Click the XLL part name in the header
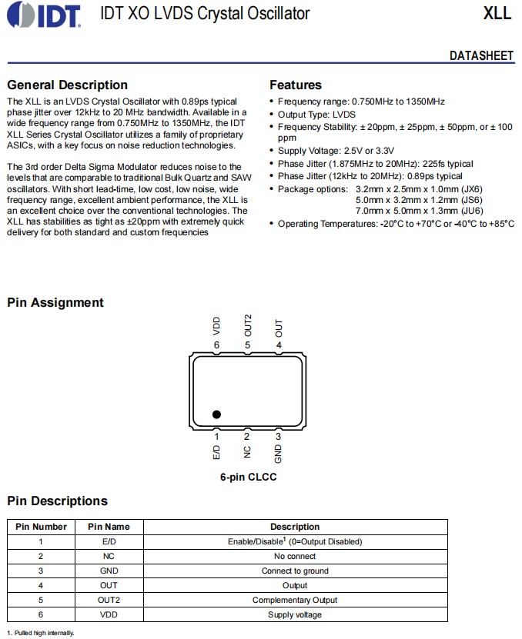click(x=497, y=14)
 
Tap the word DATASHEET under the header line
click(x=481, y=56)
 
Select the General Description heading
click(x=67, y=85)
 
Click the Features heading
click(x=296, y=85)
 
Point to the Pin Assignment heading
click(x=55, y=302)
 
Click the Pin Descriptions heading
click(x=57, y=501)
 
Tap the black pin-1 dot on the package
click(x=216, y=414)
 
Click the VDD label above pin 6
click(x=216, y=327)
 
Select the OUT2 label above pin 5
click(x=247, y=324)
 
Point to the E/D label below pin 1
click(x=216, y=452)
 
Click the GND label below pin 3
click(x=278, y=454)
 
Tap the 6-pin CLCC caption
click(x=248, y=477)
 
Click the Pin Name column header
click(x=109, y=527)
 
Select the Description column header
click(x=294, y=527)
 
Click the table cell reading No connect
click(x=294, y=556)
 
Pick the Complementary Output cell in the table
click(x=294, y=600)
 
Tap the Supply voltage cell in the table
click(x=294, y=614)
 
